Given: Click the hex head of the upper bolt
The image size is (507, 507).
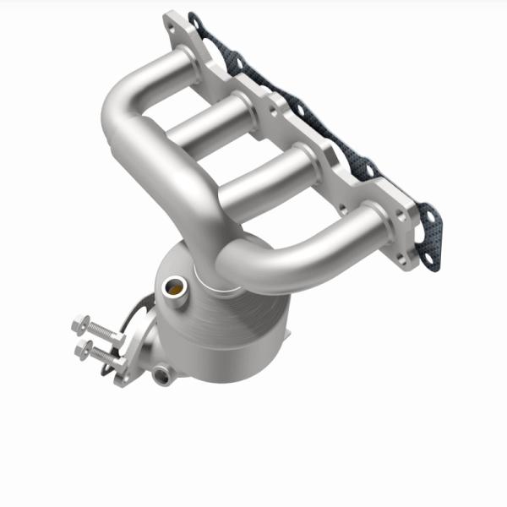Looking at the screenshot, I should (80, 322).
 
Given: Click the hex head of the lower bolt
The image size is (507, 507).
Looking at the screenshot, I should (84, 347).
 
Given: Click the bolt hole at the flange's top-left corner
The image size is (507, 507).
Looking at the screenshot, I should (172, 25).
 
